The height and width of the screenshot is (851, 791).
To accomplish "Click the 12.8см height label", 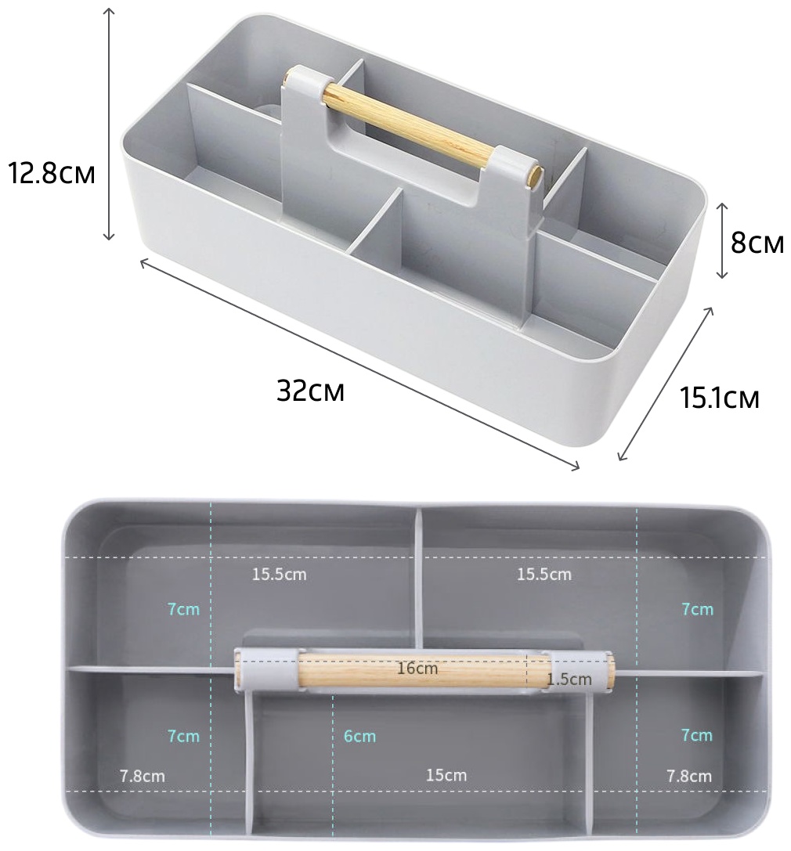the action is click(x=52, y=174).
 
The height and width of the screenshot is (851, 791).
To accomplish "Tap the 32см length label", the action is click(x=311, y=390).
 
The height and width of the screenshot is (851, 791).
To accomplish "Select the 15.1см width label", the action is click(x=719, y=398).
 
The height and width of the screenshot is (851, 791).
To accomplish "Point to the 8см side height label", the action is click(x=757, y=243).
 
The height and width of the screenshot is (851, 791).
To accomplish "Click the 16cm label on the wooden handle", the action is click(x=417, y=668).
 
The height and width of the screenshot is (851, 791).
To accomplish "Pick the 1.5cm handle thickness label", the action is click(x=569, y=679).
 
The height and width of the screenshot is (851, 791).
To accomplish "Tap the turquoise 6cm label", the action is click(x=359, y=736).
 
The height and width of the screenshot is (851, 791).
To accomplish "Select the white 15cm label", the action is click(x=446, y=774).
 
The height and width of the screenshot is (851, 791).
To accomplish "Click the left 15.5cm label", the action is click(x=279, y=574).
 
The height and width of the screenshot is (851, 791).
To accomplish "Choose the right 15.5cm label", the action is click(x=544, y=574).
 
